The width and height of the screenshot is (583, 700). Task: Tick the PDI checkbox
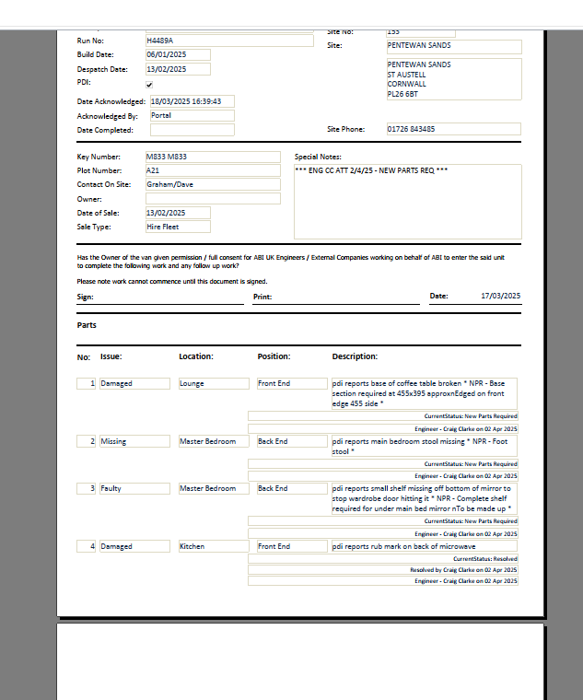tap(149, 85)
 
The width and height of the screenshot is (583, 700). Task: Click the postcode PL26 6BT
tap(402, 94)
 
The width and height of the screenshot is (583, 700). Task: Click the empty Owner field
tap(212, 198)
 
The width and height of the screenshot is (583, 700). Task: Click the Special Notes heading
tap(318, 157)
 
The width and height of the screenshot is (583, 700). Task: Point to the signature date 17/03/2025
tap(500, 296)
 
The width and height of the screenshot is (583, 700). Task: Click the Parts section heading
tap(87, 325)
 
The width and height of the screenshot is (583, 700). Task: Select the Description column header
tap(355, 356)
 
